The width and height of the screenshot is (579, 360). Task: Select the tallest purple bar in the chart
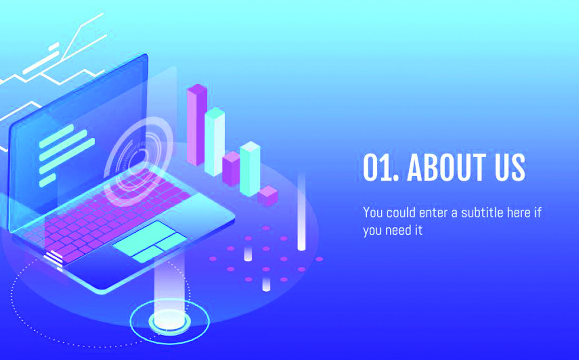tap(197, 124)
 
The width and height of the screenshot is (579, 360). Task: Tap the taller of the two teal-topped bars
tap(214, 142)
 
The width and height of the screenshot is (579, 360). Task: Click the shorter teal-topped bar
tap(250, 169)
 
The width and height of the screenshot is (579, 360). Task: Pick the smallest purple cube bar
tap(268, 196)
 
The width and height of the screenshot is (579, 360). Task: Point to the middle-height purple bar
tap(231, 169)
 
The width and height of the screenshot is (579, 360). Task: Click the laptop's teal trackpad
tap(150, 242)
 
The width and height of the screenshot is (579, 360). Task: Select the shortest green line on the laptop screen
tap(47, 180)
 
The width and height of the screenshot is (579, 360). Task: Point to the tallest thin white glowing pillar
tap(301, 211)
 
